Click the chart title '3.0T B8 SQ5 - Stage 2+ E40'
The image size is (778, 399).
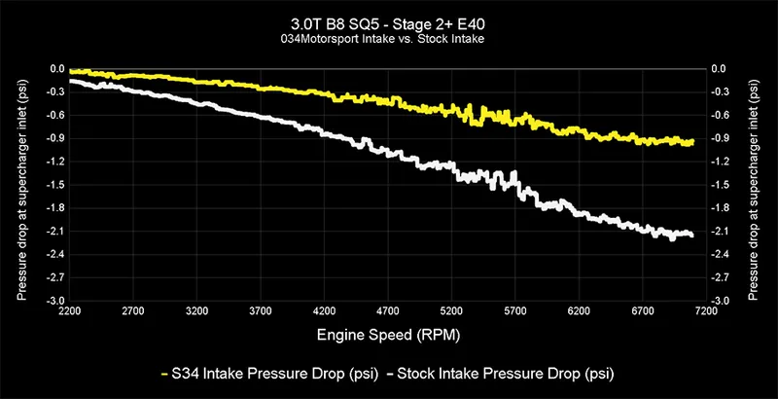pos(389,22)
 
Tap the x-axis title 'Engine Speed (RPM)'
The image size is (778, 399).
pos(389,334)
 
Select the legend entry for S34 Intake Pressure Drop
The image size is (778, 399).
pos(261,373)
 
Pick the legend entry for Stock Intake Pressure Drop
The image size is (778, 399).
pos(506,373)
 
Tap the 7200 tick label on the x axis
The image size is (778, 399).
pos(707,313)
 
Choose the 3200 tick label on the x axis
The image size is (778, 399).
pos(197,313)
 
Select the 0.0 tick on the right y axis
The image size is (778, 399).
pos(720,69)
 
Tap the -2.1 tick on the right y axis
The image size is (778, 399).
pos(721,232)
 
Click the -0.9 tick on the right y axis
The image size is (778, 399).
pos(721,138)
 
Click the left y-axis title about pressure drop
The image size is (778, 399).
pos(20,185)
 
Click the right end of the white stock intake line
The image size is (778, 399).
pos(691,235)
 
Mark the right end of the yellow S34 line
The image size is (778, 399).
pos(691,142)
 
